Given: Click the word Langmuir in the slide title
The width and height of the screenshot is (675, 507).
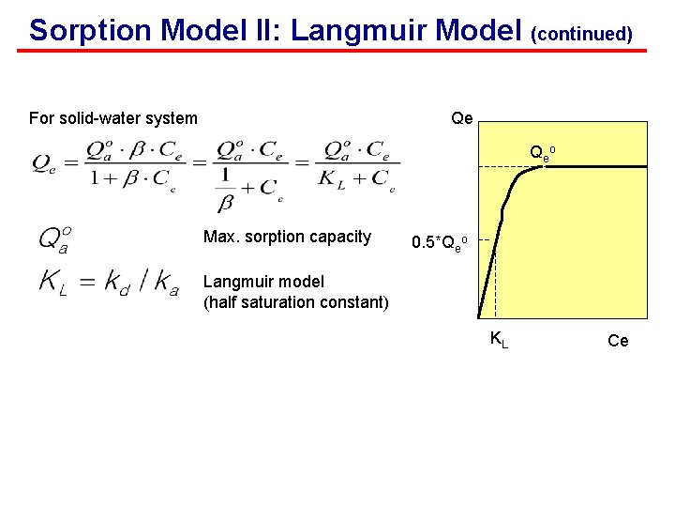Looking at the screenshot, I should point(352,30).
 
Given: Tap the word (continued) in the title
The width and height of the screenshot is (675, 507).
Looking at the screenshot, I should point(581,34).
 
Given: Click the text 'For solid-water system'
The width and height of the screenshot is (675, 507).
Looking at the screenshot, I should point(113,118).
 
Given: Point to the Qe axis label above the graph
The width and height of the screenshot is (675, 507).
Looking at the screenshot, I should point(462,118).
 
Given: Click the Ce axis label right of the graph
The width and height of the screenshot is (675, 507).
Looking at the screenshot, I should point(618,341).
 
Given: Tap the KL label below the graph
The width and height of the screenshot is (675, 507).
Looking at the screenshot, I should point(500,339).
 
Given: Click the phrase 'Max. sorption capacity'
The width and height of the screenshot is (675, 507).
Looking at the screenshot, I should point(287,237).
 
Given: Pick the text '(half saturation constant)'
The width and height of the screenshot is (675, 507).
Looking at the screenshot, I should point(296,301).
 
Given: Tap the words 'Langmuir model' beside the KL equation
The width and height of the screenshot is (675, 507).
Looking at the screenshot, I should point(263,282).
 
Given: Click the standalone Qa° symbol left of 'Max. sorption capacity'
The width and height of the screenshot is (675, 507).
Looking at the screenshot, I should point(52,238).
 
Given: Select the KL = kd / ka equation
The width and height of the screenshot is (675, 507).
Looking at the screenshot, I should point(108,282).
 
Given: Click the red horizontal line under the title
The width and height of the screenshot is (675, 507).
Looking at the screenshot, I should point(337,51).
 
